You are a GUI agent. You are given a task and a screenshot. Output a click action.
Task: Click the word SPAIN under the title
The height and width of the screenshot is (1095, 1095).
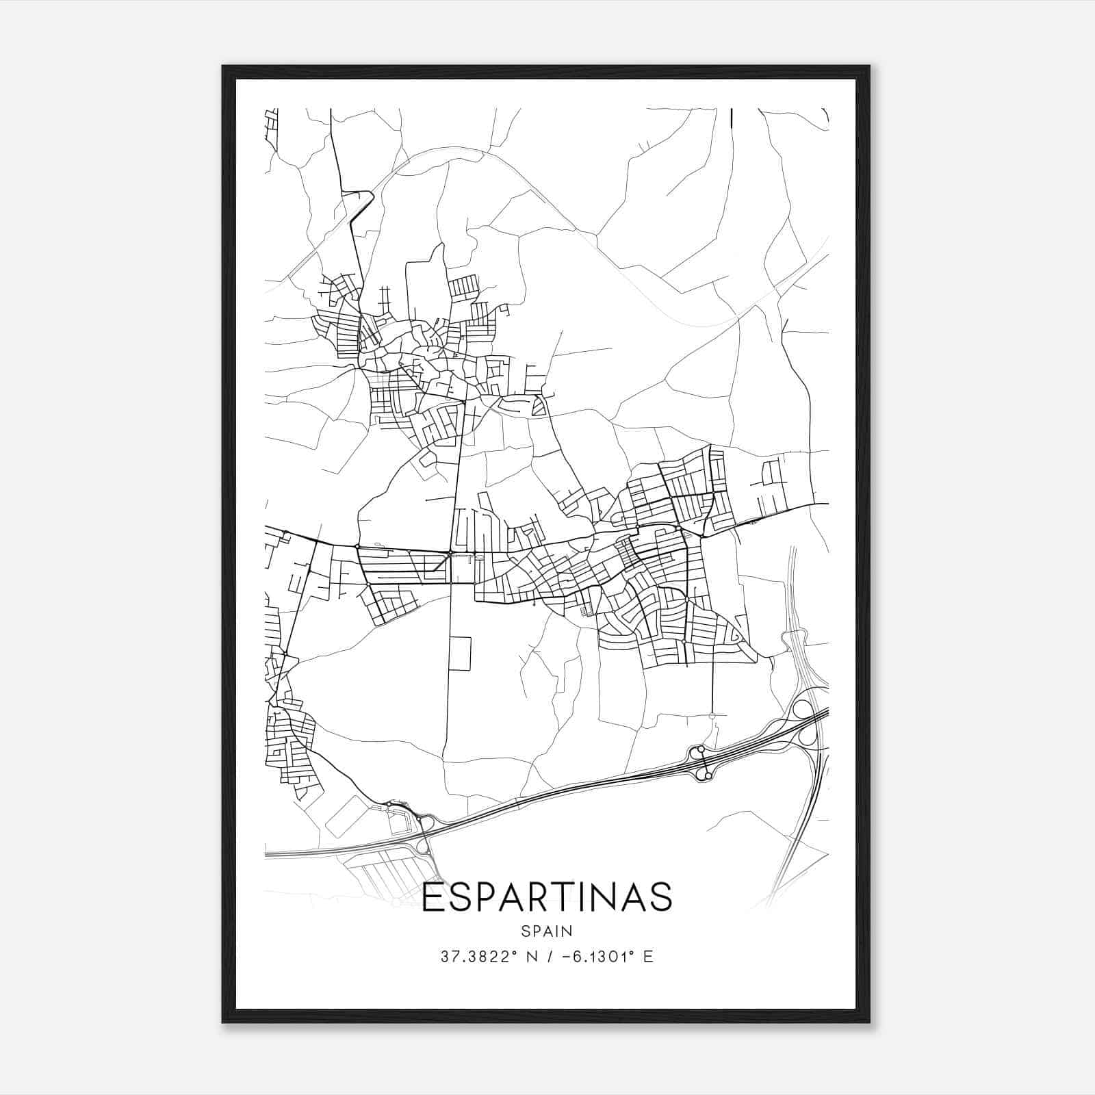click(547, 931)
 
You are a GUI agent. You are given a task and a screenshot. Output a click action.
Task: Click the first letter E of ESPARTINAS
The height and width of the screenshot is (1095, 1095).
click(432, 897)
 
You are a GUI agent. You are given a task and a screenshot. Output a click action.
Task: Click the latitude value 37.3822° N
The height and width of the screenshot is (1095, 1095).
click(483, 956)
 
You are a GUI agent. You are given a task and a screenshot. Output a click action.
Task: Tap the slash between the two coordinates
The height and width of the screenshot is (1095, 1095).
click(545, 956)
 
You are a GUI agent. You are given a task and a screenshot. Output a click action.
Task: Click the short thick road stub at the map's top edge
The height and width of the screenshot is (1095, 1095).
click(732, 118)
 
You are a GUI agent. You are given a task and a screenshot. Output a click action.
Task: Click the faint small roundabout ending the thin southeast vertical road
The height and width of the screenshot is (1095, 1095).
click(712, 716)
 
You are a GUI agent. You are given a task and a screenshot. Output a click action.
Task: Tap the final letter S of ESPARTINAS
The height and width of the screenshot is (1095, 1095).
click(661, 897)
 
